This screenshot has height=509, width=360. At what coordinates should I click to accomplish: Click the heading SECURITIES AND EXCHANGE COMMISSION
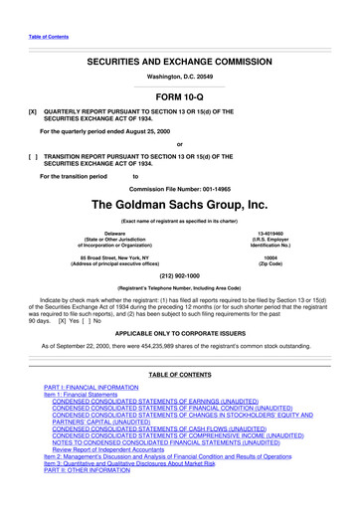point(179,62)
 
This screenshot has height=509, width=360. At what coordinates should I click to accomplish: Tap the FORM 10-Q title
point(179,97)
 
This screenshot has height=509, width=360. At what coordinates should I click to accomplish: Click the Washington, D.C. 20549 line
point(179,78)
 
